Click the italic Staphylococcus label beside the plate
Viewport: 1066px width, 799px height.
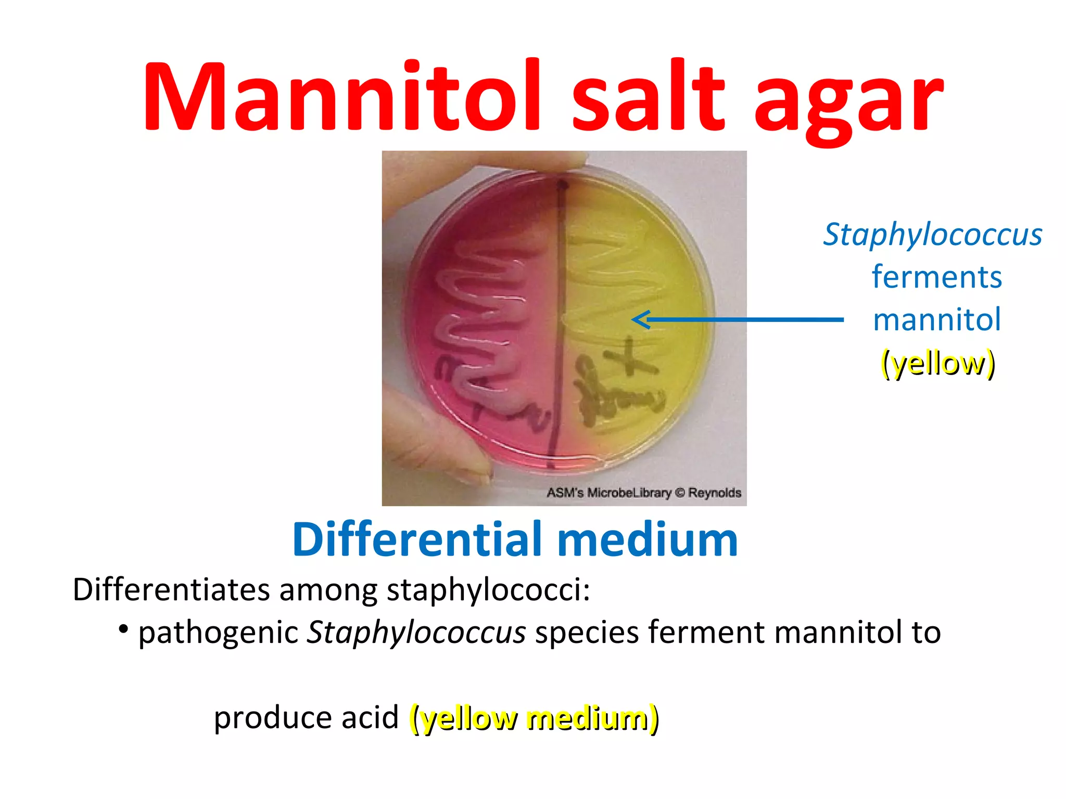pos(932,235)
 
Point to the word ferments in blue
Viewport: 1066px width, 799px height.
pos(936,277)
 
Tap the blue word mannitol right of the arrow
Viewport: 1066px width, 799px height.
pos(936,319)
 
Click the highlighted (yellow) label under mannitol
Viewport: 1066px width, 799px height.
pos(937,363)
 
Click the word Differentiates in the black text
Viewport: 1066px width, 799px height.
pos(171,589)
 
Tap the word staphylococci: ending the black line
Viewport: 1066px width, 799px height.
pos(488,590)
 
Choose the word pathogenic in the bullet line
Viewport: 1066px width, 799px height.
pos(218,633)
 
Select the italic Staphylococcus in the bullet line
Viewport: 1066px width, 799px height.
pos(416,633)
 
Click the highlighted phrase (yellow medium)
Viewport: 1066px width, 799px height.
pos(534,718)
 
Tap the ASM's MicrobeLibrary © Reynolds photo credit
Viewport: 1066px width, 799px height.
pos(643,493)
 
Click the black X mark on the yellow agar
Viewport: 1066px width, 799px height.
pos(631,357)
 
